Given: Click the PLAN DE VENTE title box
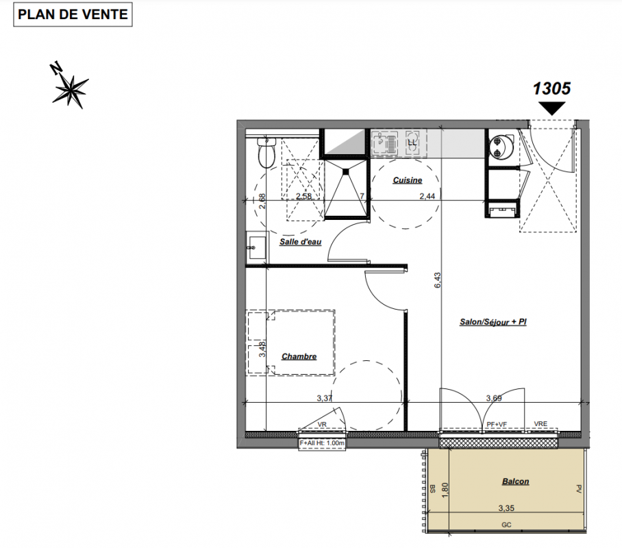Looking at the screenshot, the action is click(73, 14).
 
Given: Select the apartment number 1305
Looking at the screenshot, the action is click(551, 88).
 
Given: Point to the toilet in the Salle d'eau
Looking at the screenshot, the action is click(266, 153).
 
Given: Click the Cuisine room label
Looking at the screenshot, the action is click(408, 180).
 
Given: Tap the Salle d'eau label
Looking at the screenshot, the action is click(300, 242).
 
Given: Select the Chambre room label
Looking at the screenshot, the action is click(299, 356).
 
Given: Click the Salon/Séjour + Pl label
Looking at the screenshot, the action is click(493, 322).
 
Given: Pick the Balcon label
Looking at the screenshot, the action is click(516, 482).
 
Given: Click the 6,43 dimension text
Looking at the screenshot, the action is click(438, 280).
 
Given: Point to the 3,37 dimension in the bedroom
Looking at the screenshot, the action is click(325, 398).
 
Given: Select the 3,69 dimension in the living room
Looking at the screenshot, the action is click(494, 398).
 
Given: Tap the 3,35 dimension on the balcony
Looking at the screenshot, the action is click(506, 508).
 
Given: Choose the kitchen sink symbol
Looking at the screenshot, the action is click(384, 142).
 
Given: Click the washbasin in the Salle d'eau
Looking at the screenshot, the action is click(256, 247).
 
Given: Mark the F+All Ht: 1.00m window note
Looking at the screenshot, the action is click(322, 443).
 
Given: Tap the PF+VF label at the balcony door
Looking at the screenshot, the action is click(497, 425).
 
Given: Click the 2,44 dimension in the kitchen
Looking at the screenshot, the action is click(427, 196).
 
